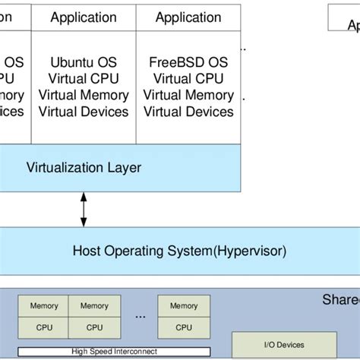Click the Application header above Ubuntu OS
(84, 17)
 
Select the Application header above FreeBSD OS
(188, 17)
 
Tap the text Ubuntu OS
(84, 62)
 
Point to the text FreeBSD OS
(189, 62)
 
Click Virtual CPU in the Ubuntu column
(84, 78)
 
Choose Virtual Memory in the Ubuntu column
(84, 95)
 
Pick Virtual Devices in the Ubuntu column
(84, 112)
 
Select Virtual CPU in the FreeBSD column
(189, 78)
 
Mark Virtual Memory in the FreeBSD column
(189, 95)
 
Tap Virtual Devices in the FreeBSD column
(189, 112)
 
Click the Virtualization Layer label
(84, 167)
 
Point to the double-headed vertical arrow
(84, 208)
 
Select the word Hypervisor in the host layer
(242, 250)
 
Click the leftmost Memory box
(44, 306)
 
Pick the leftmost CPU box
(44, 327)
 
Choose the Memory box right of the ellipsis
(184, 306)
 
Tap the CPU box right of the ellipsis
(184, 327)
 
